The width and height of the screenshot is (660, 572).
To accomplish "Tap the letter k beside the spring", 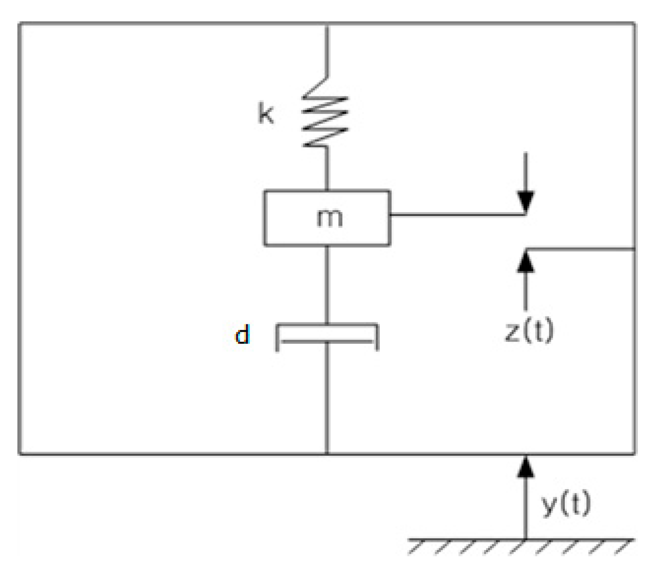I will [x=266, y=114].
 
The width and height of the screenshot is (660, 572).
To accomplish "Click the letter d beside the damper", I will [x=242, y=335].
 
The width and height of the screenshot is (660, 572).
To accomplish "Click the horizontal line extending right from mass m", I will [x=454, y=214].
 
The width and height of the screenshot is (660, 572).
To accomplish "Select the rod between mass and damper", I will [x=327, y=284].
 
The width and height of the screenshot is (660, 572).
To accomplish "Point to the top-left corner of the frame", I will [x=20, y=24].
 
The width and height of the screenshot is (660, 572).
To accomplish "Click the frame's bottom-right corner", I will [x=634, y=453].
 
